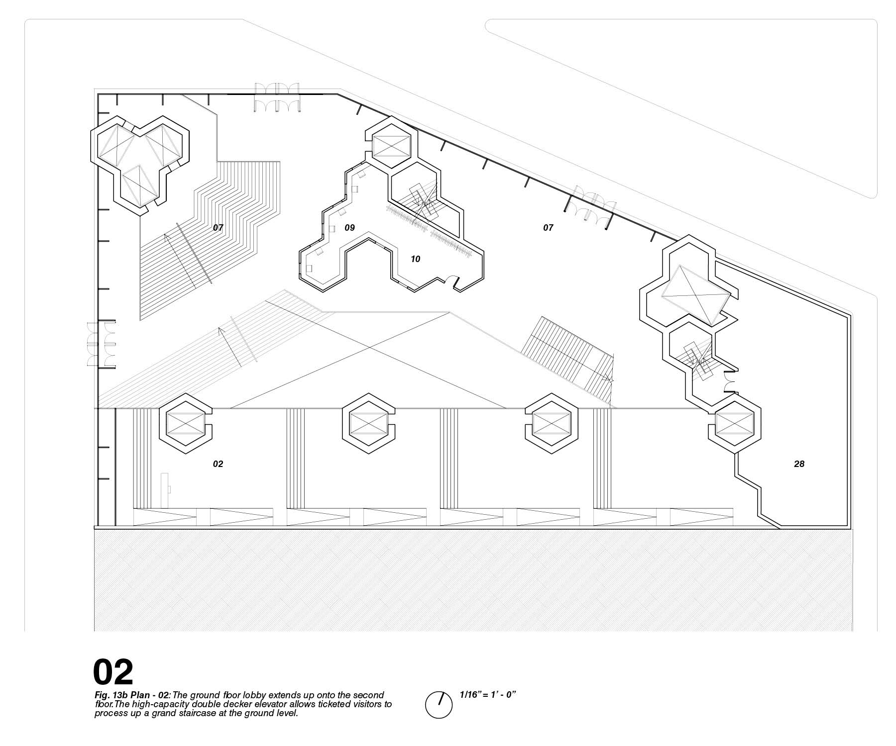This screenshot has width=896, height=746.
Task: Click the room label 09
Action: click(x=349, y=228)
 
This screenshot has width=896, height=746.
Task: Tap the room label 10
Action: click(x=415, y=259)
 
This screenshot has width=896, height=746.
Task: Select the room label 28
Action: click(x=799, y=464)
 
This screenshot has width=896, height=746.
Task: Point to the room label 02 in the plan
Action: click(x=218, y=464)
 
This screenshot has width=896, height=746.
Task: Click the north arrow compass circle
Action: click(x=438, y=705)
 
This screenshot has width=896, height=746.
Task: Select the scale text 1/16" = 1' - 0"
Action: click(x=487, y=695)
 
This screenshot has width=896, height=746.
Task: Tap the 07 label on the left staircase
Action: click(x=218, y=228)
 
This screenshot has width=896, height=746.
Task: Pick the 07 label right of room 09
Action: click(x=548, y=228)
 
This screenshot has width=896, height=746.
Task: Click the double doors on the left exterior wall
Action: click(x=101, y=345)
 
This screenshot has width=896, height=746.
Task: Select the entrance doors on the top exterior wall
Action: click(x=277, y=97)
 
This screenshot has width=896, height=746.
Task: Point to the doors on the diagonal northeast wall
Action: click(x=591, y=206)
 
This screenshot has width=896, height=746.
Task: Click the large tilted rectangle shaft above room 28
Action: click(x=696, y=294)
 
